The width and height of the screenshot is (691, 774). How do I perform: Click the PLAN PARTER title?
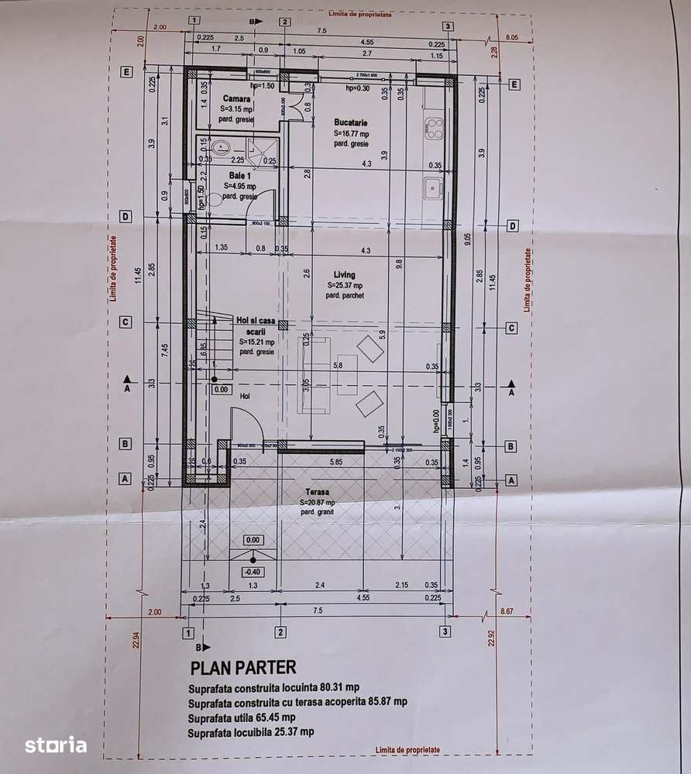[x=243, y=667]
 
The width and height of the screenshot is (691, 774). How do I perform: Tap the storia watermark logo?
[x=55, y=745]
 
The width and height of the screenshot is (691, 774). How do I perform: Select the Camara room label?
[x=236, y=99]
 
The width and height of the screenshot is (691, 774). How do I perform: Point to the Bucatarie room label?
[x=351, y=122]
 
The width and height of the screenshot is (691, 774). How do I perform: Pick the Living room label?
[x=345, y=275]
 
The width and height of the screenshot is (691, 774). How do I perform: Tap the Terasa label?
[x=317, y=492]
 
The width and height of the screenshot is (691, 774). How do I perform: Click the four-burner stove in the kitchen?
[x=434, y=129]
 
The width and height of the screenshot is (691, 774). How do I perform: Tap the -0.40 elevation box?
[x=253, y=572]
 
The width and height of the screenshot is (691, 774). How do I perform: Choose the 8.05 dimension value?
[x=511, y=36]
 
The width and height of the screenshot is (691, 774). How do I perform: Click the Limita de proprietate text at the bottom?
[x=407, y=750]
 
